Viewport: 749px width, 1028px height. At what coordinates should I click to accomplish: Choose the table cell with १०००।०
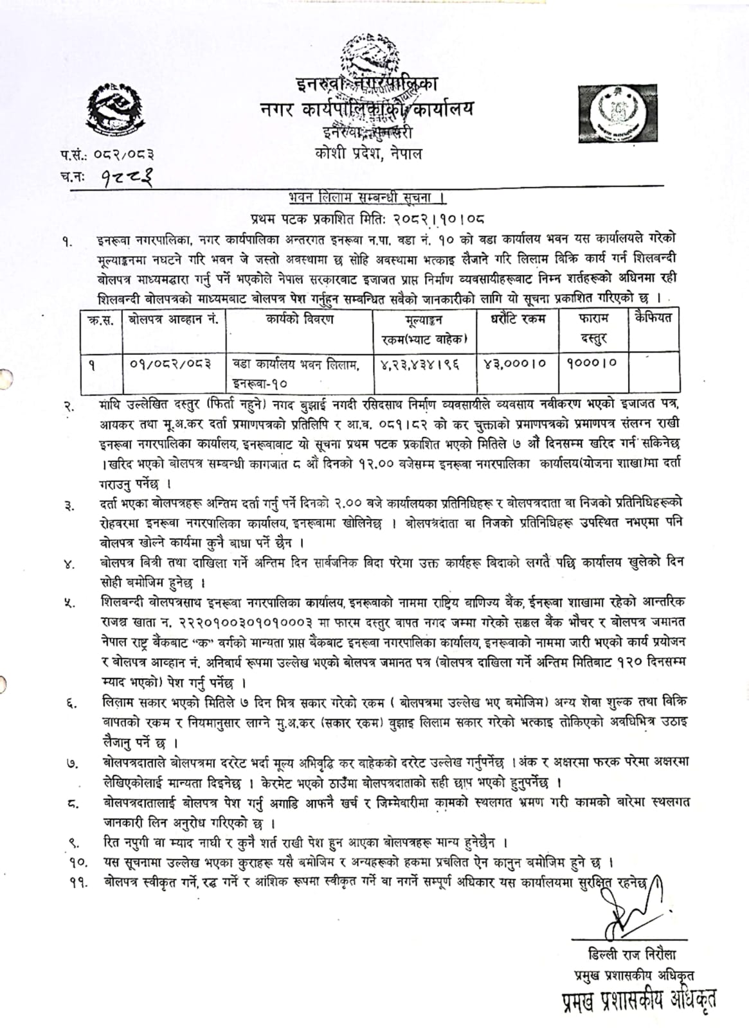click(x=592, y=363)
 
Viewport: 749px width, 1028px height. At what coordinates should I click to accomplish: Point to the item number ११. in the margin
click(x=78, y=883)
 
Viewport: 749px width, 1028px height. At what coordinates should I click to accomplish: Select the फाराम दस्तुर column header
click(x=592, y=328)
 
